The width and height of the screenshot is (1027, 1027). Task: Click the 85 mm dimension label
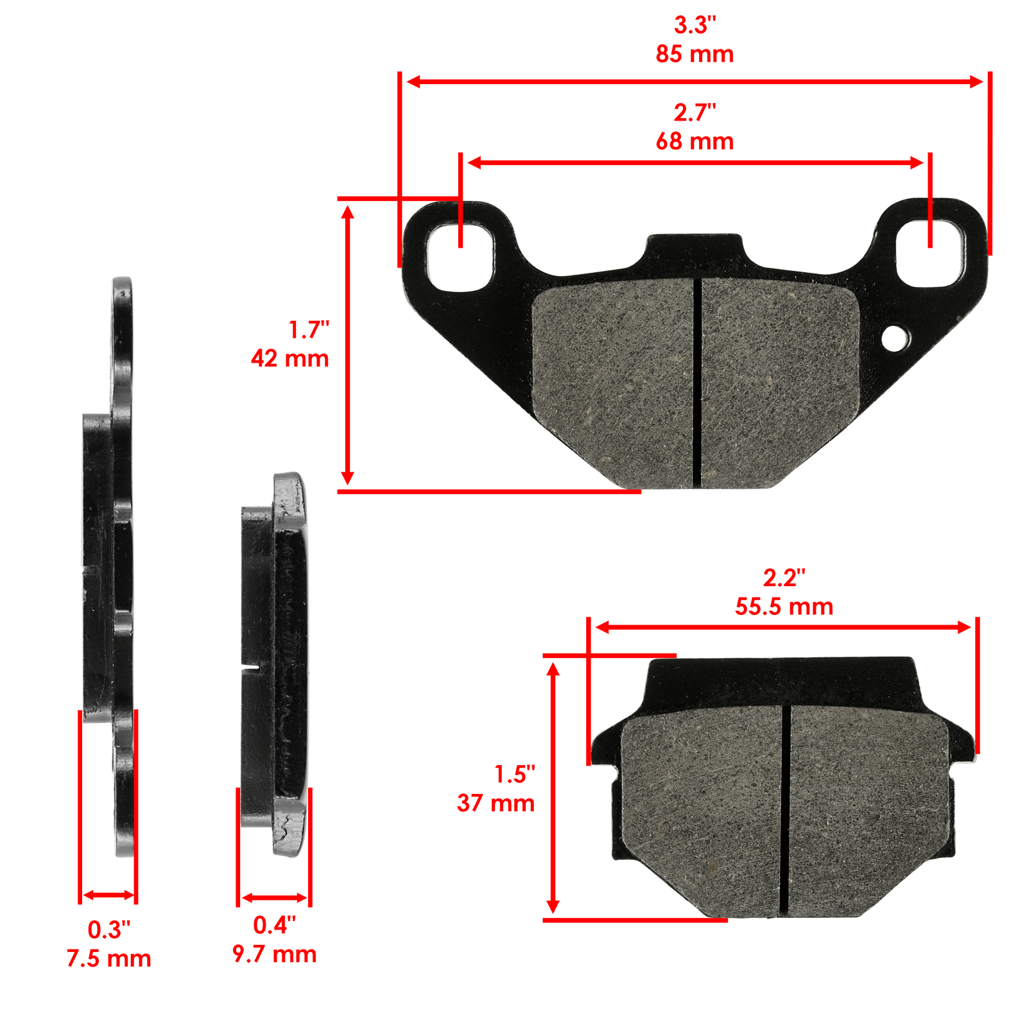click(x=695, y=55)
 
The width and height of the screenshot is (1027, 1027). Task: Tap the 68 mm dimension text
click(x=695, y=142)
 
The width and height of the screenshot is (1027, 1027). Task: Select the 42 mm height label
click(x=290, y=358)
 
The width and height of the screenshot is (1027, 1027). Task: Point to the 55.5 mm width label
click(x=784, y=607)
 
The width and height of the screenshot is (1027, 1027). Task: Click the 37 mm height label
click(x=496, y=803)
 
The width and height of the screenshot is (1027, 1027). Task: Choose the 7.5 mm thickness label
click(x=109, y=958)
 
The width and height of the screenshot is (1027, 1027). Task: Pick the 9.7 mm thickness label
click(x=275, y=954)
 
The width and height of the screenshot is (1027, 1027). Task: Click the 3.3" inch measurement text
click(x=695, y=26)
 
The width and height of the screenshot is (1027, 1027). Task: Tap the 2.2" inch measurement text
click(x=784, y=578)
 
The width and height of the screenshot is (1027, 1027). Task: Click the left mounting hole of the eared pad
click(x=460, y=255)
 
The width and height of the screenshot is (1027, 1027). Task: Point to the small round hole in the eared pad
click(x=895, y=338)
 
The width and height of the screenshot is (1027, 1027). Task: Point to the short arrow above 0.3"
click(x=108, y=895)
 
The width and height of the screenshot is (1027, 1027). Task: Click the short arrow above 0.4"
click(x=274, y=897)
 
